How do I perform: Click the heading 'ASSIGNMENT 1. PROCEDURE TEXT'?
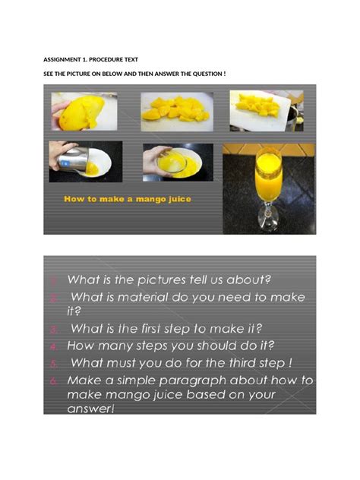(x=90, y=59)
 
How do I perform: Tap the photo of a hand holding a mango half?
(x=83, y=111)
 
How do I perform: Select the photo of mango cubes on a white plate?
(x=176, y=111)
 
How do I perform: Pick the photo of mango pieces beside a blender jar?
(x=266, y=111)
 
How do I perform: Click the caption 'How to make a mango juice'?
(x=128, y=199)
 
